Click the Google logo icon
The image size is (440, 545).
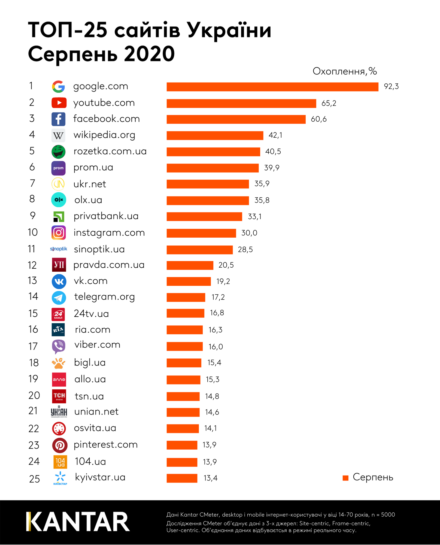[58, 87]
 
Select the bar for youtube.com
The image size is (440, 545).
[241, 103]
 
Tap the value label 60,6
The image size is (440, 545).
[318, 119]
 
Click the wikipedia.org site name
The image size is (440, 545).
[104, 135]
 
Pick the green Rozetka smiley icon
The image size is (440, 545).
[58, 152]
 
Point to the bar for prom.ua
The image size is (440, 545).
[213, 168]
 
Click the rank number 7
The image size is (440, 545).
[32, 183]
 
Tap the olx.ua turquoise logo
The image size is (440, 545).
[59, 200]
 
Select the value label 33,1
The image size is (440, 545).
[254, 217]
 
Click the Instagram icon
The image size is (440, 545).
[59, 233]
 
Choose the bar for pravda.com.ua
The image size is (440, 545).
[190, 265]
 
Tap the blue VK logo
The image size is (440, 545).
[59, 281]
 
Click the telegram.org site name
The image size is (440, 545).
[104, 297]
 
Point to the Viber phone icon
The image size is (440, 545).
[59, 346]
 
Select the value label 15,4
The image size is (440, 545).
[214, 363]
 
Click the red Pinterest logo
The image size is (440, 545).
[60, 445]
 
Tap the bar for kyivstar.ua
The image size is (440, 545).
[182, 478]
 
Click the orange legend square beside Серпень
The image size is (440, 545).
[345, 478]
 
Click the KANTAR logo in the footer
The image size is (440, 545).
[78, 522]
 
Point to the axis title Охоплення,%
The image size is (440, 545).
[345, 71]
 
